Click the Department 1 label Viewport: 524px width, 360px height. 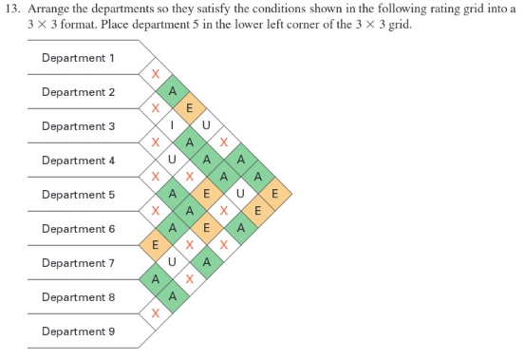[78, 58]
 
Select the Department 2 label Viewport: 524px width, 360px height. [78, 92]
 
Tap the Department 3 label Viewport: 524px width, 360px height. [78, 126]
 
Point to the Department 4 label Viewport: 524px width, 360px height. [78, 161]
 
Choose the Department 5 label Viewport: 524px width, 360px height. [78, 195]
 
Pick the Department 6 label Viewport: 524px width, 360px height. [78, 229]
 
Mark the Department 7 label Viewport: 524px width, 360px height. [78, 263]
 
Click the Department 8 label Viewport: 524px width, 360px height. [78, 297]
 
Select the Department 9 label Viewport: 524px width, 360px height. [78, 332]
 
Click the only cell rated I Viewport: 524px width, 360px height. [172, 125]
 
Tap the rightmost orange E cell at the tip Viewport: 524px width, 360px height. [274, 194]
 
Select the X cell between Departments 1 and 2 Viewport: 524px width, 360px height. [155, 74]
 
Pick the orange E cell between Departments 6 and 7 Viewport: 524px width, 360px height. [155, 245]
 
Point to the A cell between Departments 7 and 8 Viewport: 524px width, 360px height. [155, 279]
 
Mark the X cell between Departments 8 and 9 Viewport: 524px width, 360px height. [155, 313]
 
